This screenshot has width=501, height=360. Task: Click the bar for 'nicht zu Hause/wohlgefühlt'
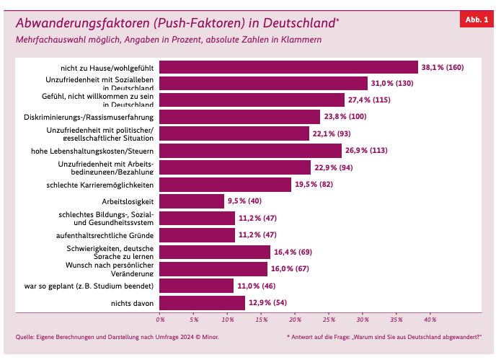tap(288, 67)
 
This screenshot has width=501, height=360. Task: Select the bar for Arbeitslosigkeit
tap(192, 201)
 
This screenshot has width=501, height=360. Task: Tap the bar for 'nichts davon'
tap(203, 303)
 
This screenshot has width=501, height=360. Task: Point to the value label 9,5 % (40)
tap(244, 201)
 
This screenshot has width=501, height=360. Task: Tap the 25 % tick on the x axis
tap(329, 319)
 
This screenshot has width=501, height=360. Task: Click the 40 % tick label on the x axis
tap(430, 319)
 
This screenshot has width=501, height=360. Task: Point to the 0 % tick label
tap(161, 319)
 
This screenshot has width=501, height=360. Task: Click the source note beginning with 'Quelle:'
tap(117, 337)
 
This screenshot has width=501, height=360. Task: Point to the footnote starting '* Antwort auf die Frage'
tap(383, 337)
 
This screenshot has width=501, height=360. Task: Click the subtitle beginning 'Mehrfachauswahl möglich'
tap(168, 39)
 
